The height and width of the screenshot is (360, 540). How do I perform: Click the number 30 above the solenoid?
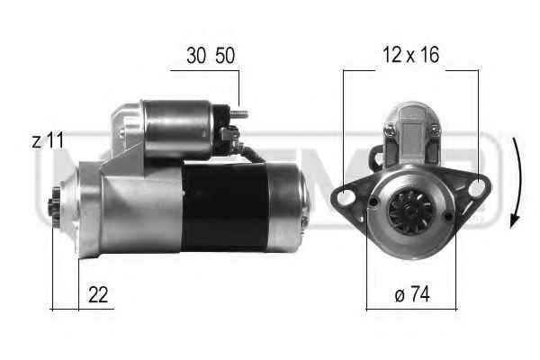point(196,56)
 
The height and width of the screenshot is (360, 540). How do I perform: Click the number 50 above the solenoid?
point(225,56)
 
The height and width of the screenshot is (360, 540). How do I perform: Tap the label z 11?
point(48,140)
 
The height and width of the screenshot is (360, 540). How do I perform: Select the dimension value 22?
point(98,294)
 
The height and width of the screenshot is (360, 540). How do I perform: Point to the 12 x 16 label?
point(411,55)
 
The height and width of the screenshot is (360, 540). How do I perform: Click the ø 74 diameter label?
point(412,294)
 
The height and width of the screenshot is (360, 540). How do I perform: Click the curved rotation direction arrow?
point(517,183)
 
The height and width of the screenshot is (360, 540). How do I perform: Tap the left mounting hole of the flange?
point(346,198)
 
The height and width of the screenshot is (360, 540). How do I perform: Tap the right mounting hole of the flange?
point(477,188)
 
